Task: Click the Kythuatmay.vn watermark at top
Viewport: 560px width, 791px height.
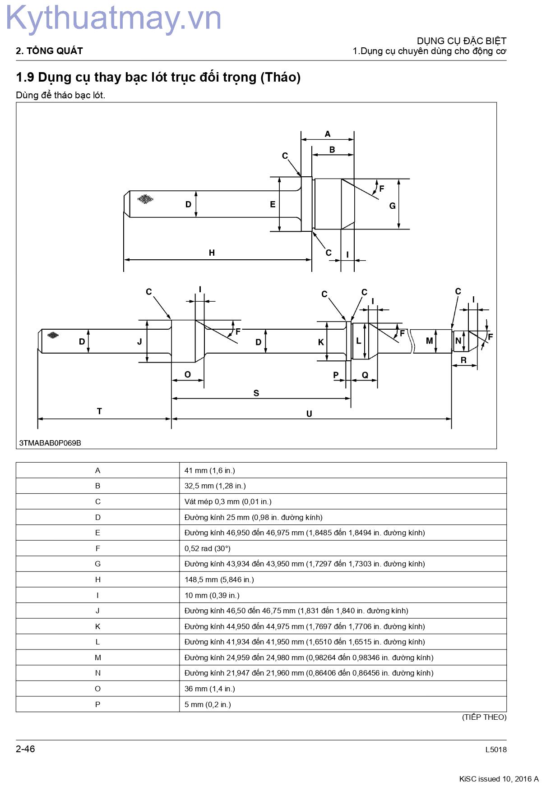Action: click(113, 19)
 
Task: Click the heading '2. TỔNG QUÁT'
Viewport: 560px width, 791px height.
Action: click(49, 51)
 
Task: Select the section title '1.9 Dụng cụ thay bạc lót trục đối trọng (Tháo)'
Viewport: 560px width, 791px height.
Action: click(158, 78)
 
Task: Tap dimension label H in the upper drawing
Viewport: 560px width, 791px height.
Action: click(212, 253)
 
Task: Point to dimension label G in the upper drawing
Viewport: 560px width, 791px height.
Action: click(392, 206)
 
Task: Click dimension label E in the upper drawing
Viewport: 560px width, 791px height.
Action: click(273, 204)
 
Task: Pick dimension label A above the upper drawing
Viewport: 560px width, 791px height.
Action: click(328, 134)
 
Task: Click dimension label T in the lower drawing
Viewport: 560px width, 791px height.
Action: click(99, 411)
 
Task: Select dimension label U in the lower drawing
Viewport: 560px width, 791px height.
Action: click(309, 414)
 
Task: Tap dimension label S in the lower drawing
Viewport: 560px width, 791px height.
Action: click(256, 393)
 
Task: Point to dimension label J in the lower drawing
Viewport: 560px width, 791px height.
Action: click(139, 342)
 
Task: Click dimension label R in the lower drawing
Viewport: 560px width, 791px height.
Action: click(463, 360)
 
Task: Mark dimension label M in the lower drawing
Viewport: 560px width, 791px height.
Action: click(430, 341)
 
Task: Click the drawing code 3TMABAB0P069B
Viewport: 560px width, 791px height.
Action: click(50, 443)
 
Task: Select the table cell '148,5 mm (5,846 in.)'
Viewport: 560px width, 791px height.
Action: click(219, 579)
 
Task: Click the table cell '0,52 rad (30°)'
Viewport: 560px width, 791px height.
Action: click(208, 548)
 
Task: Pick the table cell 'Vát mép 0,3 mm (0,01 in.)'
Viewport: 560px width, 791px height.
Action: click(228, 501)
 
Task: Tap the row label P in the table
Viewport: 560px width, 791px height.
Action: click(97, 704)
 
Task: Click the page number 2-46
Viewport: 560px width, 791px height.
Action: click(25, 749)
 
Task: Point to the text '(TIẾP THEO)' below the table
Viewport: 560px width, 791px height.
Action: click(484, 717)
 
